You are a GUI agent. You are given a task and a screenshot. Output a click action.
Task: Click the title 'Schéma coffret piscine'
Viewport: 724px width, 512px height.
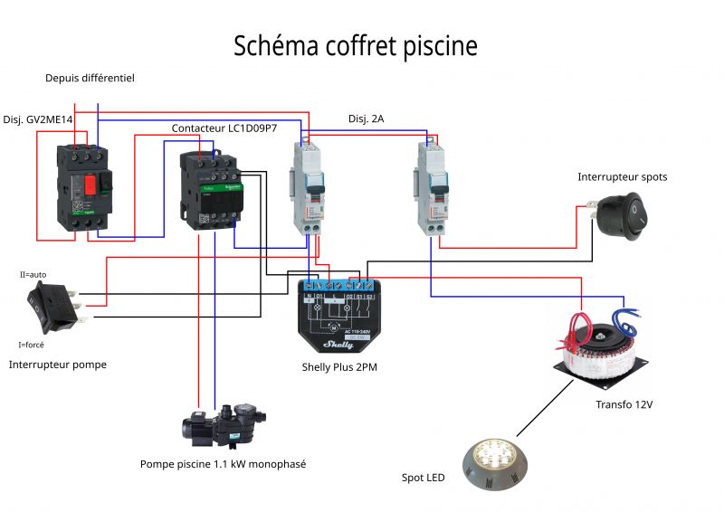click(355, 46)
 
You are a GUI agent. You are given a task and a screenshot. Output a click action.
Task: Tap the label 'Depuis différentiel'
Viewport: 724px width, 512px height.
click(90, 79)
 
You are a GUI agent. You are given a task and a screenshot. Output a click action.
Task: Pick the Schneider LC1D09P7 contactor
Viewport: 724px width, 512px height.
click(210, 191)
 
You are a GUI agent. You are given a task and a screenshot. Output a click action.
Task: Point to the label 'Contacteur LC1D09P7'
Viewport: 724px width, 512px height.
click(224, 128)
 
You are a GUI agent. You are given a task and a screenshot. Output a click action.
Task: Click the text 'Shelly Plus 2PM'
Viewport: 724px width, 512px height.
click(339, 367)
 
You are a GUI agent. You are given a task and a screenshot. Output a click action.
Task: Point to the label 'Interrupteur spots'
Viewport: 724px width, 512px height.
click(622, 177)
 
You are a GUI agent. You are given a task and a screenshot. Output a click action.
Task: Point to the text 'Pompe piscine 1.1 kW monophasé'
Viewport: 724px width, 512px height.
click(223, 464)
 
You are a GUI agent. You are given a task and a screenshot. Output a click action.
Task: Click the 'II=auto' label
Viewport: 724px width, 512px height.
click(33, 273)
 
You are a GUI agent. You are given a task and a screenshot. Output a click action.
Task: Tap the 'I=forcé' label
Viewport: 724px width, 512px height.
click(31, 345)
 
